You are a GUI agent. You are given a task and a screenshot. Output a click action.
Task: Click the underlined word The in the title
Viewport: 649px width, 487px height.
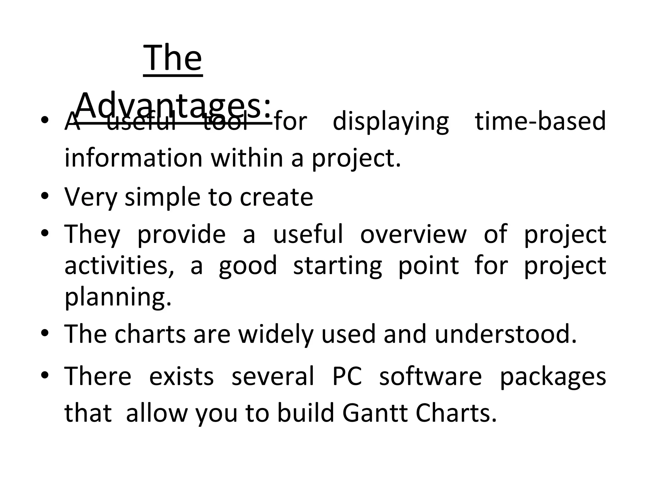173,59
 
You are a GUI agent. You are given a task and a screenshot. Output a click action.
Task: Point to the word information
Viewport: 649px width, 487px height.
133,158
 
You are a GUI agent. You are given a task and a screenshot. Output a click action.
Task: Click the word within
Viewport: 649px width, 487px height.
247,158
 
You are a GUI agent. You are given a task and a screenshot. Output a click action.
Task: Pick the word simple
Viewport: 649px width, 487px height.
163,198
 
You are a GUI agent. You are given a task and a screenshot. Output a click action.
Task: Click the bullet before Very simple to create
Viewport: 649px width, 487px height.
45,196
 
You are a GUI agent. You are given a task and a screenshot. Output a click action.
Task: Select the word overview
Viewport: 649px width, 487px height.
414,234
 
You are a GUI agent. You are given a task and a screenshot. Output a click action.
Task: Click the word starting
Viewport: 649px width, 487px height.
337,266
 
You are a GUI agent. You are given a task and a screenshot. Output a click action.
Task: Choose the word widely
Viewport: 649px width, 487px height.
276,334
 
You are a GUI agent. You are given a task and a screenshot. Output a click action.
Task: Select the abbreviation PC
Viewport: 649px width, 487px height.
347,376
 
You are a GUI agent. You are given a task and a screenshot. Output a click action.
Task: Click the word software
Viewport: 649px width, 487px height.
430,376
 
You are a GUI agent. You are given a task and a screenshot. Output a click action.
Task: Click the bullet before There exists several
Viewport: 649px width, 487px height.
45,375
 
